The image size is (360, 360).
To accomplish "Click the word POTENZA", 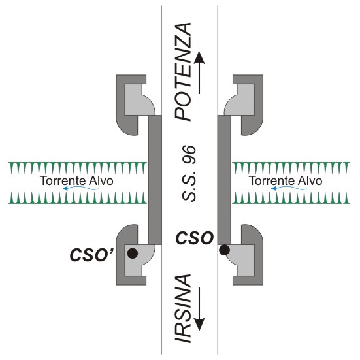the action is (x=183, y=72).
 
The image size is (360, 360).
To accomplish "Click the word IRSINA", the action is (x=183, y=308).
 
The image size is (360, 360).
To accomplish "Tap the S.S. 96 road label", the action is (x=189, y=174).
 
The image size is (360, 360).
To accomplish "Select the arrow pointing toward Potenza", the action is (x=199, y=73).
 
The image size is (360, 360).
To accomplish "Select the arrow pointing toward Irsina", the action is (x=199, y=309).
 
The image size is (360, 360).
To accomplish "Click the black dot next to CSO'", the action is (x=133, y=254).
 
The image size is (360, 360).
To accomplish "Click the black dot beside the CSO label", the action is (x=224, y=250).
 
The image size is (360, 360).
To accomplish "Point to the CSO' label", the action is (x=91, y=255).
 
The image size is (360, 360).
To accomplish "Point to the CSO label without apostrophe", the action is (x=195, y=238).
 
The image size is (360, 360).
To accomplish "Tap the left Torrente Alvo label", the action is (x=76, y=181).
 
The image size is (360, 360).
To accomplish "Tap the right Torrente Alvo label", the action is (x=286, y=181).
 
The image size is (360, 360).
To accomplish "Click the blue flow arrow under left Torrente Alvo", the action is (x=80, y=189).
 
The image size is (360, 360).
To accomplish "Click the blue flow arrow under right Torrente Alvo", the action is (x=289, y=189).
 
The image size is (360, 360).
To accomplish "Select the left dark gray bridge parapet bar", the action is (x=155, y=180).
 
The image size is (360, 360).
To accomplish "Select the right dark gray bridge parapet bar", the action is (x=224, y=180).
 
